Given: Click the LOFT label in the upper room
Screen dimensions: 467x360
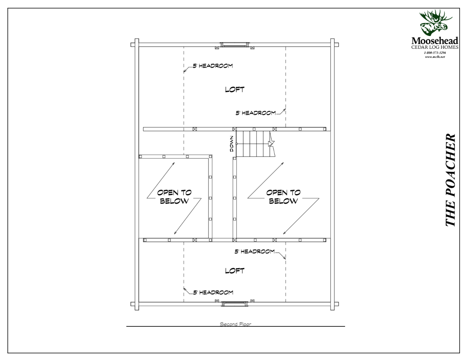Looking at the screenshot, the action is pyautogui.click(x=234, y=89).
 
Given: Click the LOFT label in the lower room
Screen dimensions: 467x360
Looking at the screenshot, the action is pyautogui.click(x=234, y=270).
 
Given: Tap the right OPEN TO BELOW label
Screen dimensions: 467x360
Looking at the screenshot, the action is pyautogui.click(x=284, y=197).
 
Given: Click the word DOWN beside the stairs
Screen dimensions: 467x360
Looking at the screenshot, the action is pyautogui.click(x=232, y=143).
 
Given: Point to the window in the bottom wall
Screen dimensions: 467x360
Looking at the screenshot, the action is pyautogui.click(x=234, y=304).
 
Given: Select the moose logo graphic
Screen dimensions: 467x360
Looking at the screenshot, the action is pyautogui.click(x=435, y=23).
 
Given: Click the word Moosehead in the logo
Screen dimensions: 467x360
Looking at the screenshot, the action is pyautogui.click(x=435, y=41).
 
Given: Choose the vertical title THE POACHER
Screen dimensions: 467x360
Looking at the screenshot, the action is pyautogui.click(x=451, y=181).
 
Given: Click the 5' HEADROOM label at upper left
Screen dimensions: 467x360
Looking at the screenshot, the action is pyautogui.click(x=213, y=66).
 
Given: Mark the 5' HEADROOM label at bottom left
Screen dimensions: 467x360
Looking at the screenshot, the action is pyautogui.click(x=213, y=292).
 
